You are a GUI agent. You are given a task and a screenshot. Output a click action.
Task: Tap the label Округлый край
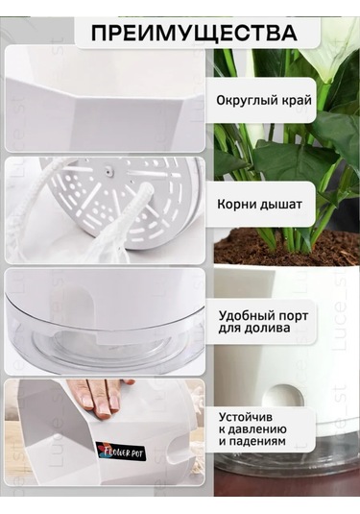265,100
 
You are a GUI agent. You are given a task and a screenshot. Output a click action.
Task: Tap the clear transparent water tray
106,328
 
